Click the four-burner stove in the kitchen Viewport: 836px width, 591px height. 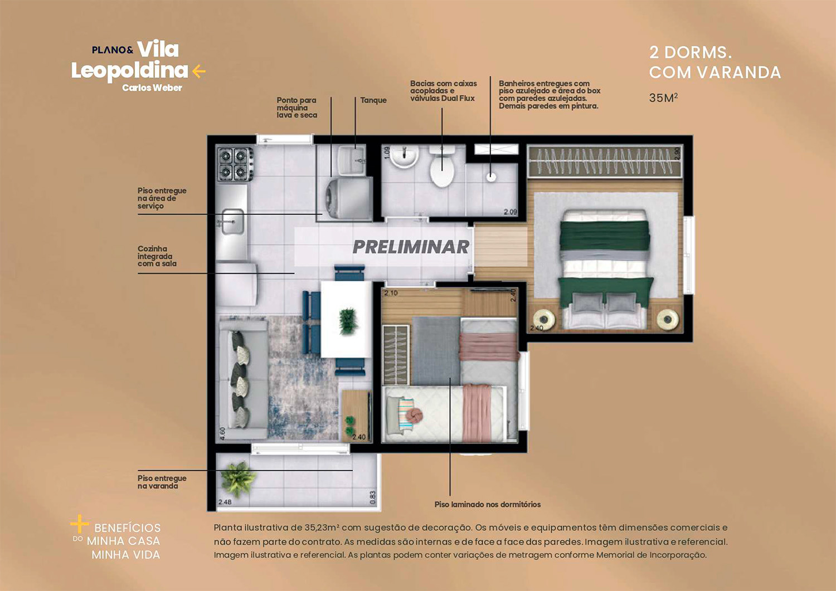tap(235, 164)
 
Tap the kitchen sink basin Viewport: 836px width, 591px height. tap(232, 222)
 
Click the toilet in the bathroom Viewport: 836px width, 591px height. tap(443, 168)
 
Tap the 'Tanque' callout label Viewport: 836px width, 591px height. tap(373, 100)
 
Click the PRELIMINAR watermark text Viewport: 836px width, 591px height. tap(411, 247)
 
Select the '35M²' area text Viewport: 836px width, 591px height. tap(663, 98)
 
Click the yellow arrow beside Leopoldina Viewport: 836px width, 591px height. tap(199, 71)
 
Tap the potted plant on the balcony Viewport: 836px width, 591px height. tap(238, 477)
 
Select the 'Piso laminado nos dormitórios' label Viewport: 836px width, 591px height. tap(487, 505)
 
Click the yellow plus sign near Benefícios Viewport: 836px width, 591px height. tap(79, 524)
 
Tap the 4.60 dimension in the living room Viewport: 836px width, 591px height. tap(222, 433)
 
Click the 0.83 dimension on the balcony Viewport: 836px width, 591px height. tap(373, 497)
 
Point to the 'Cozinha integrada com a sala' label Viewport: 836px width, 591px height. tap(157, 256)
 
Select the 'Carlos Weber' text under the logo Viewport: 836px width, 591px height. tap(152, 88)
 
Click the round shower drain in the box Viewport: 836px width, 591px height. tap(491, 177)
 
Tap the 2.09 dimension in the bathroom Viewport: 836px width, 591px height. tap(510, 212)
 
